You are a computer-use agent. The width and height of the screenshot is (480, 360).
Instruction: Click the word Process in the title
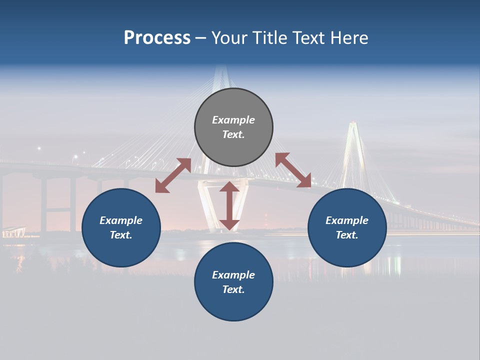[x=157, y=38]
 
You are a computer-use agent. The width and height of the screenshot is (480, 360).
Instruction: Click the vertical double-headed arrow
[x=229, y=205]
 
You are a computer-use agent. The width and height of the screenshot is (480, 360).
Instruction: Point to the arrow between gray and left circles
[x=173, y=175]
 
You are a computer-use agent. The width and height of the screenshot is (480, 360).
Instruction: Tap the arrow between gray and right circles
[x=293, y=170]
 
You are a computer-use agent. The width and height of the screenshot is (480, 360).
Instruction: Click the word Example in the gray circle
[x=233, y=120]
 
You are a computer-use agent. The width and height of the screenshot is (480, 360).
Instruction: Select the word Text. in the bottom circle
[x=233, y=289]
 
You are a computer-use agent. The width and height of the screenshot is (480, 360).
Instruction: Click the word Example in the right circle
[x=347, y=220]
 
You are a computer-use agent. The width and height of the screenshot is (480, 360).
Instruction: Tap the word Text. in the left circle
[x=121, y=235]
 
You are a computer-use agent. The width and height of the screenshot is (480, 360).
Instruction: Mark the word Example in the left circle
[x=121, y=220]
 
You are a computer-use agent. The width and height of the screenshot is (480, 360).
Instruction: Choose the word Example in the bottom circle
[x=233, y=275]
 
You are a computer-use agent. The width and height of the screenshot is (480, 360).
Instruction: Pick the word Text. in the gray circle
[x=233, y=134]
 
